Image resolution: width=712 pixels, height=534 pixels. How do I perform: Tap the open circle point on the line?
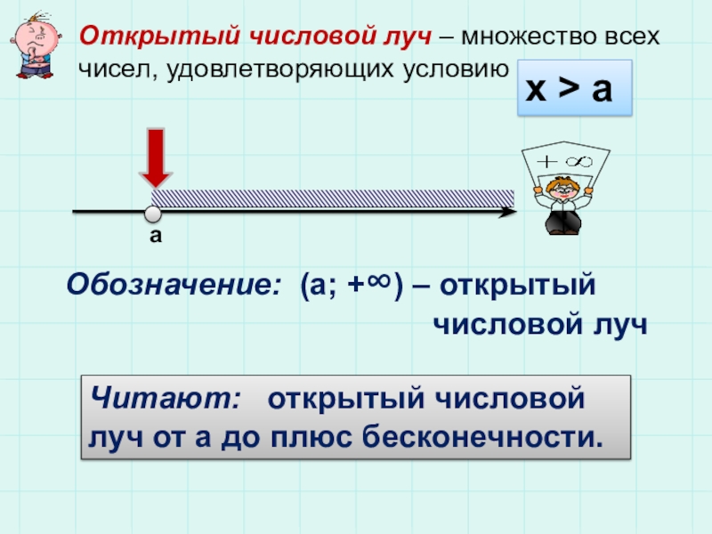153,214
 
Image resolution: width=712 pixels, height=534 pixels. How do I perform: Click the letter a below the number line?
154,236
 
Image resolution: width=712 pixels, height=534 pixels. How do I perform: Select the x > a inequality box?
574,89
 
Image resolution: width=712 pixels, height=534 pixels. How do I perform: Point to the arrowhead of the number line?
508,213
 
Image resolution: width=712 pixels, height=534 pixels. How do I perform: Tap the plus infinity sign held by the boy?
565,161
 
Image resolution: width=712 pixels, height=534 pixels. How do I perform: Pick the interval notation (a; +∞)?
352,287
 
